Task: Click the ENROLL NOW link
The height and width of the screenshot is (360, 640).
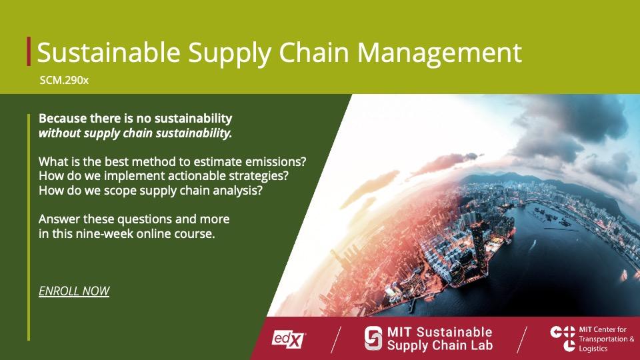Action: (74, 291)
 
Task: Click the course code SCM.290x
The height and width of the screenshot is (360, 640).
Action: (64, 81)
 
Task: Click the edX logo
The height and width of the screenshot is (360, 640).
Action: (289, 339)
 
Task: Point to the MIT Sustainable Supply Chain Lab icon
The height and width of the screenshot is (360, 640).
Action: (373, 338)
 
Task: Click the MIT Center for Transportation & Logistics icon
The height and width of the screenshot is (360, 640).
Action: (563, 338)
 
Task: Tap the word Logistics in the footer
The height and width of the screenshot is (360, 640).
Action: (594, 349)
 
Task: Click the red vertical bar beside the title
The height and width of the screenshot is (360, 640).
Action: (29, 51)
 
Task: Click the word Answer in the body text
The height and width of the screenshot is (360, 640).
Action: (59, 219)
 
